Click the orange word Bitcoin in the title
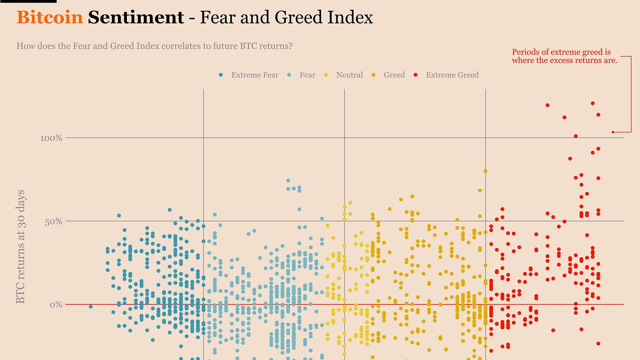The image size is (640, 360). [50, 18]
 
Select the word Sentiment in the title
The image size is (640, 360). [135, 18]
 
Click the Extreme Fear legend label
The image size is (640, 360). [254, 75]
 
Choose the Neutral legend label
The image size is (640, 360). [349, 75]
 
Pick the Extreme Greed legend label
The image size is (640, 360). [452, 75]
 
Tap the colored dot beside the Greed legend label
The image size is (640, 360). [374, 75]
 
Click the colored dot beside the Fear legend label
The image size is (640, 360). [289, 75]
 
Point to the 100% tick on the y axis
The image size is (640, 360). [52, 138]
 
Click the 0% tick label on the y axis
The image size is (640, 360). [56, 305]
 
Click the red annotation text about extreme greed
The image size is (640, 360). [564, 56]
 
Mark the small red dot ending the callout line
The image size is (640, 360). [613, 132]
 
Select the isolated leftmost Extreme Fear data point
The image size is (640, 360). [91, 306]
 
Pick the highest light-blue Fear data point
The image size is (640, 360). [288, 181]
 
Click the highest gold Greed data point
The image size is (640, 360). [485, 171]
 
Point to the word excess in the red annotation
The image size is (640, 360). [566, 60]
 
